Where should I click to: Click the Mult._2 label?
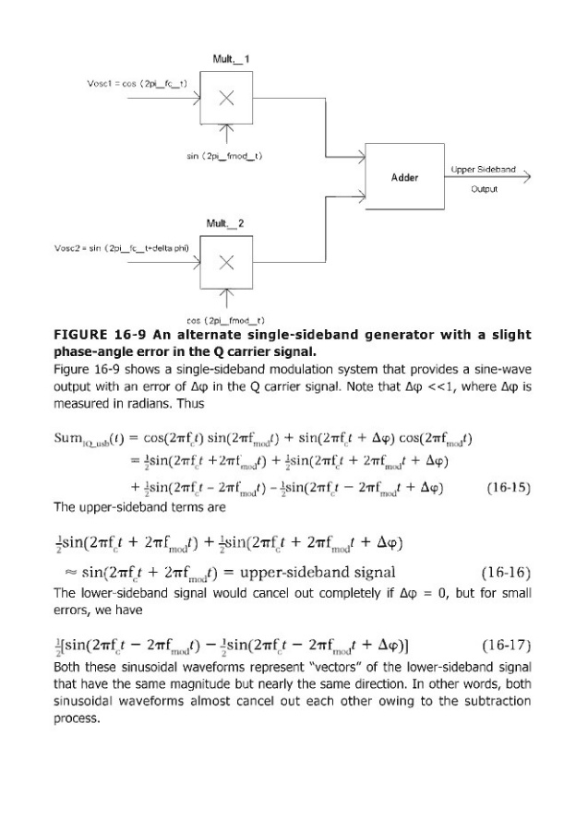click(231, 223)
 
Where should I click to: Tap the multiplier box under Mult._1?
click(223, 101)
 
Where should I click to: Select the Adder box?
click(404, 176)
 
